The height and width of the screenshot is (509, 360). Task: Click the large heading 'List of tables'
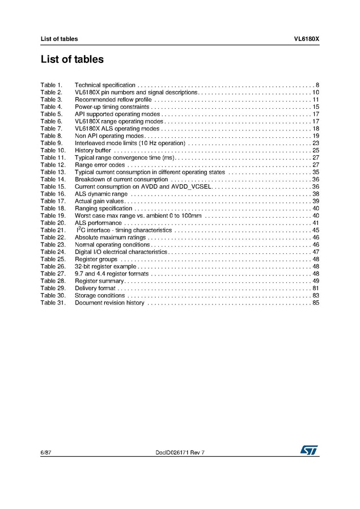72,59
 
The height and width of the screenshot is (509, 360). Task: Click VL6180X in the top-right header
306,39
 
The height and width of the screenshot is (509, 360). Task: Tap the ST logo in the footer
310,449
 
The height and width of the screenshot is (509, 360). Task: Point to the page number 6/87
46,452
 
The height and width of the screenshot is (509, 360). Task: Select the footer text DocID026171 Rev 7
180,452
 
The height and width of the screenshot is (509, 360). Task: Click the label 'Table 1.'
51,85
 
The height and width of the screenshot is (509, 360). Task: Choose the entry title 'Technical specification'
105,85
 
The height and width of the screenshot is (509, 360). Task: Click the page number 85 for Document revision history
316,303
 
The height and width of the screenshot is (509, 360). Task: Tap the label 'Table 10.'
53,150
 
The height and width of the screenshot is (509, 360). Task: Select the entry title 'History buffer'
93,150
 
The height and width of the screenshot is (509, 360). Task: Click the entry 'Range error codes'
100,165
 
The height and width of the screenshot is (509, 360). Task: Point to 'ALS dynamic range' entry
101,194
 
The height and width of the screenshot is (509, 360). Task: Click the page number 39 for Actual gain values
316,201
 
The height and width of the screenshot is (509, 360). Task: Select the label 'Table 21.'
53,230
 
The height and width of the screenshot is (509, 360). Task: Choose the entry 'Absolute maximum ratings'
110,237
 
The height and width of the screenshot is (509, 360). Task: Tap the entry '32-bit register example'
105,266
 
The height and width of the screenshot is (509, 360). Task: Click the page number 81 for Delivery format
316,288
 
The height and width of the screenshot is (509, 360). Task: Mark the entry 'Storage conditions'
100,295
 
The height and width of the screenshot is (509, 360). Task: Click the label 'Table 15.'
53,186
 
